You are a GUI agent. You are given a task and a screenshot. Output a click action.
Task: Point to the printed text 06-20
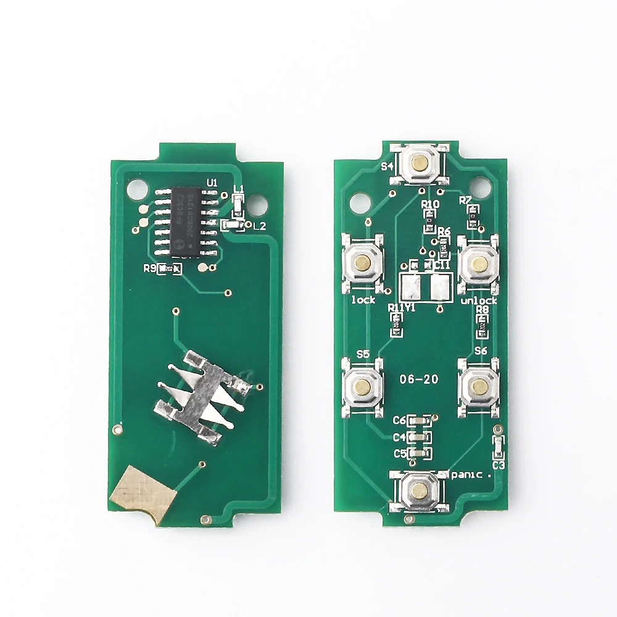(x=419, y=379)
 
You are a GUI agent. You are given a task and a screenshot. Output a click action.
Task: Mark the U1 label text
(x=212, y=183)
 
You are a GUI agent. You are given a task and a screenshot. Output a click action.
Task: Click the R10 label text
(x=429, y=204)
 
